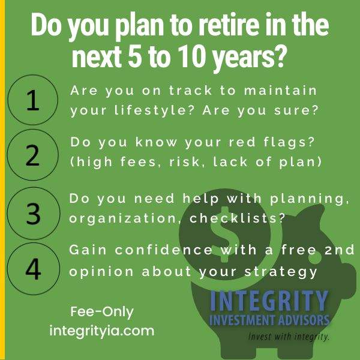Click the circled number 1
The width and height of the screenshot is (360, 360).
click(x=33, y=100)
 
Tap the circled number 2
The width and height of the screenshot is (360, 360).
click(x=33, y=155)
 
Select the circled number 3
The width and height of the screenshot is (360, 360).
click(x=34, y=214)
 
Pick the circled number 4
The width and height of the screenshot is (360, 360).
click(x=34, y=269)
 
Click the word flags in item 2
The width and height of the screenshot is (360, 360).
click(x=289, y=143)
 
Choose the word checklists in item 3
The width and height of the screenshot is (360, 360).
click(x=237, y=218)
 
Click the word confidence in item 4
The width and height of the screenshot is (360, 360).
click(x=163, y=250)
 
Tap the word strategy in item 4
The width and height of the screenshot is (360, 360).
click(x=281, y=272)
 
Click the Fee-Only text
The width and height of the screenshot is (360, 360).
click(x=102, y=312)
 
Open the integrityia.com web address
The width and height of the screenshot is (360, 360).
click(x=102, y=331)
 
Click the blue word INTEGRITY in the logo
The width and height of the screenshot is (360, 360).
click(x=269, y=301)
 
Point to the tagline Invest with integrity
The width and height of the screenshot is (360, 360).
click(x=289, y=337)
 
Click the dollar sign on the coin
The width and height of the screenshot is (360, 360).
click(x=224, y=234)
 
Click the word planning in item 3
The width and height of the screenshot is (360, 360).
click(x=310, y=199)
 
